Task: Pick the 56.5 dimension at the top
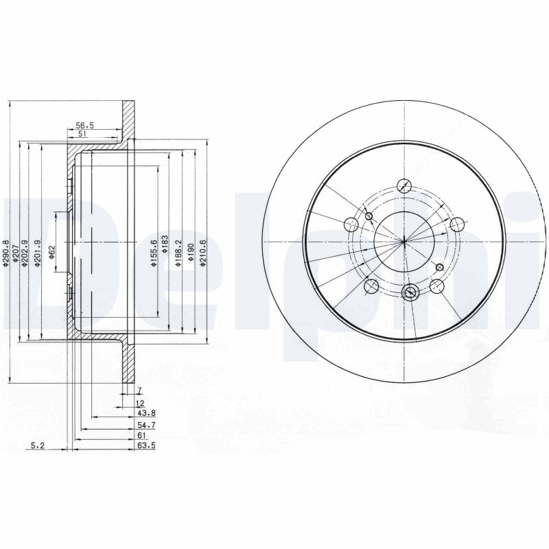tap(84, 126)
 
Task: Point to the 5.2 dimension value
tap(38, 445)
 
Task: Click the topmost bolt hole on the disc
tap(404, 186)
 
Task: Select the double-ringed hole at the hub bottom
tap(410, 292)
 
